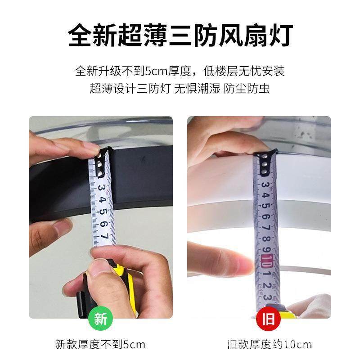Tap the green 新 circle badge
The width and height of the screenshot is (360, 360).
100,319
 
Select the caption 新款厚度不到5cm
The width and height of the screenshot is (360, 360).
100,345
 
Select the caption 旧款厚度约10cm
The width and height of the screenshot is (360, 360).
269,345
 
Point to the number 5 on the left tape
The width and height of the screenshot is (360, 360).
103,211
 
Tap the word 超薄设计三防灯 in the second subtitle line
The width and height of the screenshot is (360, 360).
130,88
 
